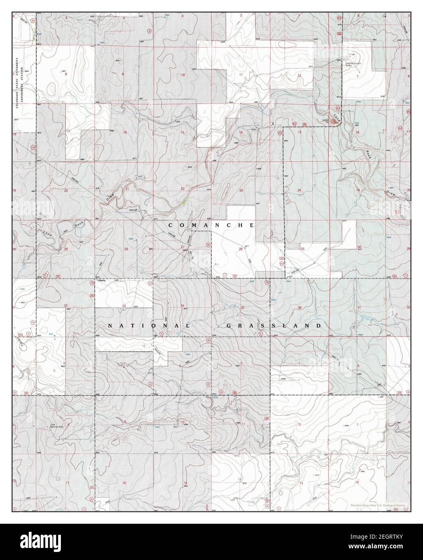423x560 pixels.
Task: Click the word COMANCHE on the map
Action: [211, 225]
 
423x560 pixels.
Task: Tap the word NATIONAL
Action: [149, 326]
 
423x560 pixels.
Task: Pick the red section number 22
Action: [183, 189]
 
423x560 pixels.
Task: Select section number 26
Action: [240, 249]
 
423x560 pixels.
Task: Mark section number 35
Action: [242, 308]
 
